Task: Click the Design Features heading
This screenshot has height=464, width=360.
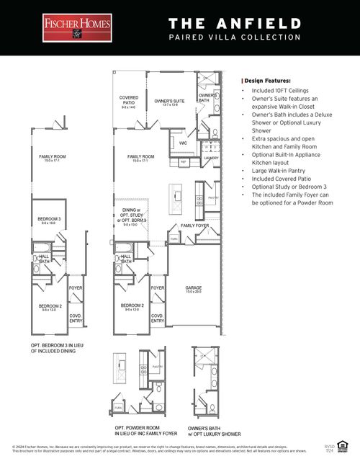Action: pos(267,81)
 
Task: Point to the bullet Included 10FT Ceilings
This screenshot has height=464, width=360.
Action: pos(284,92)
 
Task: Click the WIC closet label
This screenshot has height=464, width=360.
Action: pos(183,143)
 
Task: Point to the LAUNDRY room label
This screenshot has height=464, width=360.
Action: pos(211,157)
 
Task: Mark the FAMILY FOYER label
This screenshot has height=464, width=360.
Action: pos(194,226)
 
